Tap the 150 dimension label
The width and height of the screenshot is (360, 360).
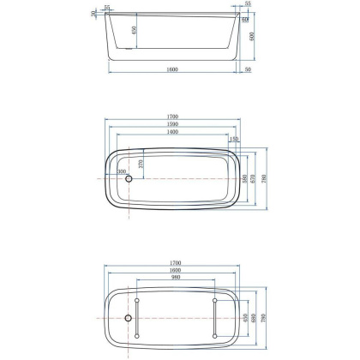click(234, 138)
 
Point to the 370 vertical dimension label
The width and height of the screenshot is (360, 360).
click(140, 165)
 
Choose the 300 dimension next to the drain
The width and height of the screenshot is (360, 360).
click(122, 172)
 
